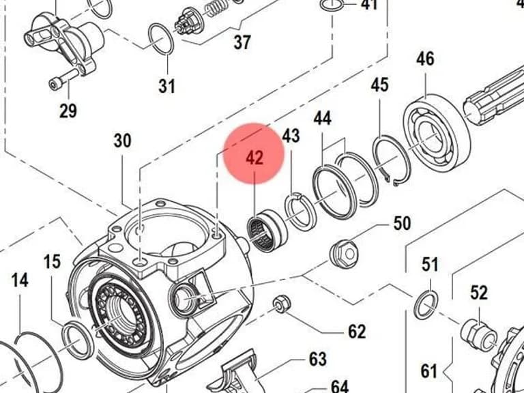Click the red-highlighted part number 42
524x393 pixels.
[x=254, y=158]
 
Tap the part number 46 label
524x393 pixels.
[x=425, y=59]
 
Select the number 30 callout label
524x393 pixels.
[x=122, y=141]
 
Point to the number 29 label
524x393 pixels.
[x=68, y=111]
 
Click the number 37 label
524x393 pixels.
[x=242, y=42]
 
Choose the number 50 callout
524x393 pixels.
[x=402, y=223]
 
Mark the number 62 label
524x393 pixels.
[x=357, y=332]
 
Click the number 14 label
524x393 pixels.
[x=20, y=280]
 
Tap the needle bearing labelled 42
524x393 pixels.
[x=267, y=230]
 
